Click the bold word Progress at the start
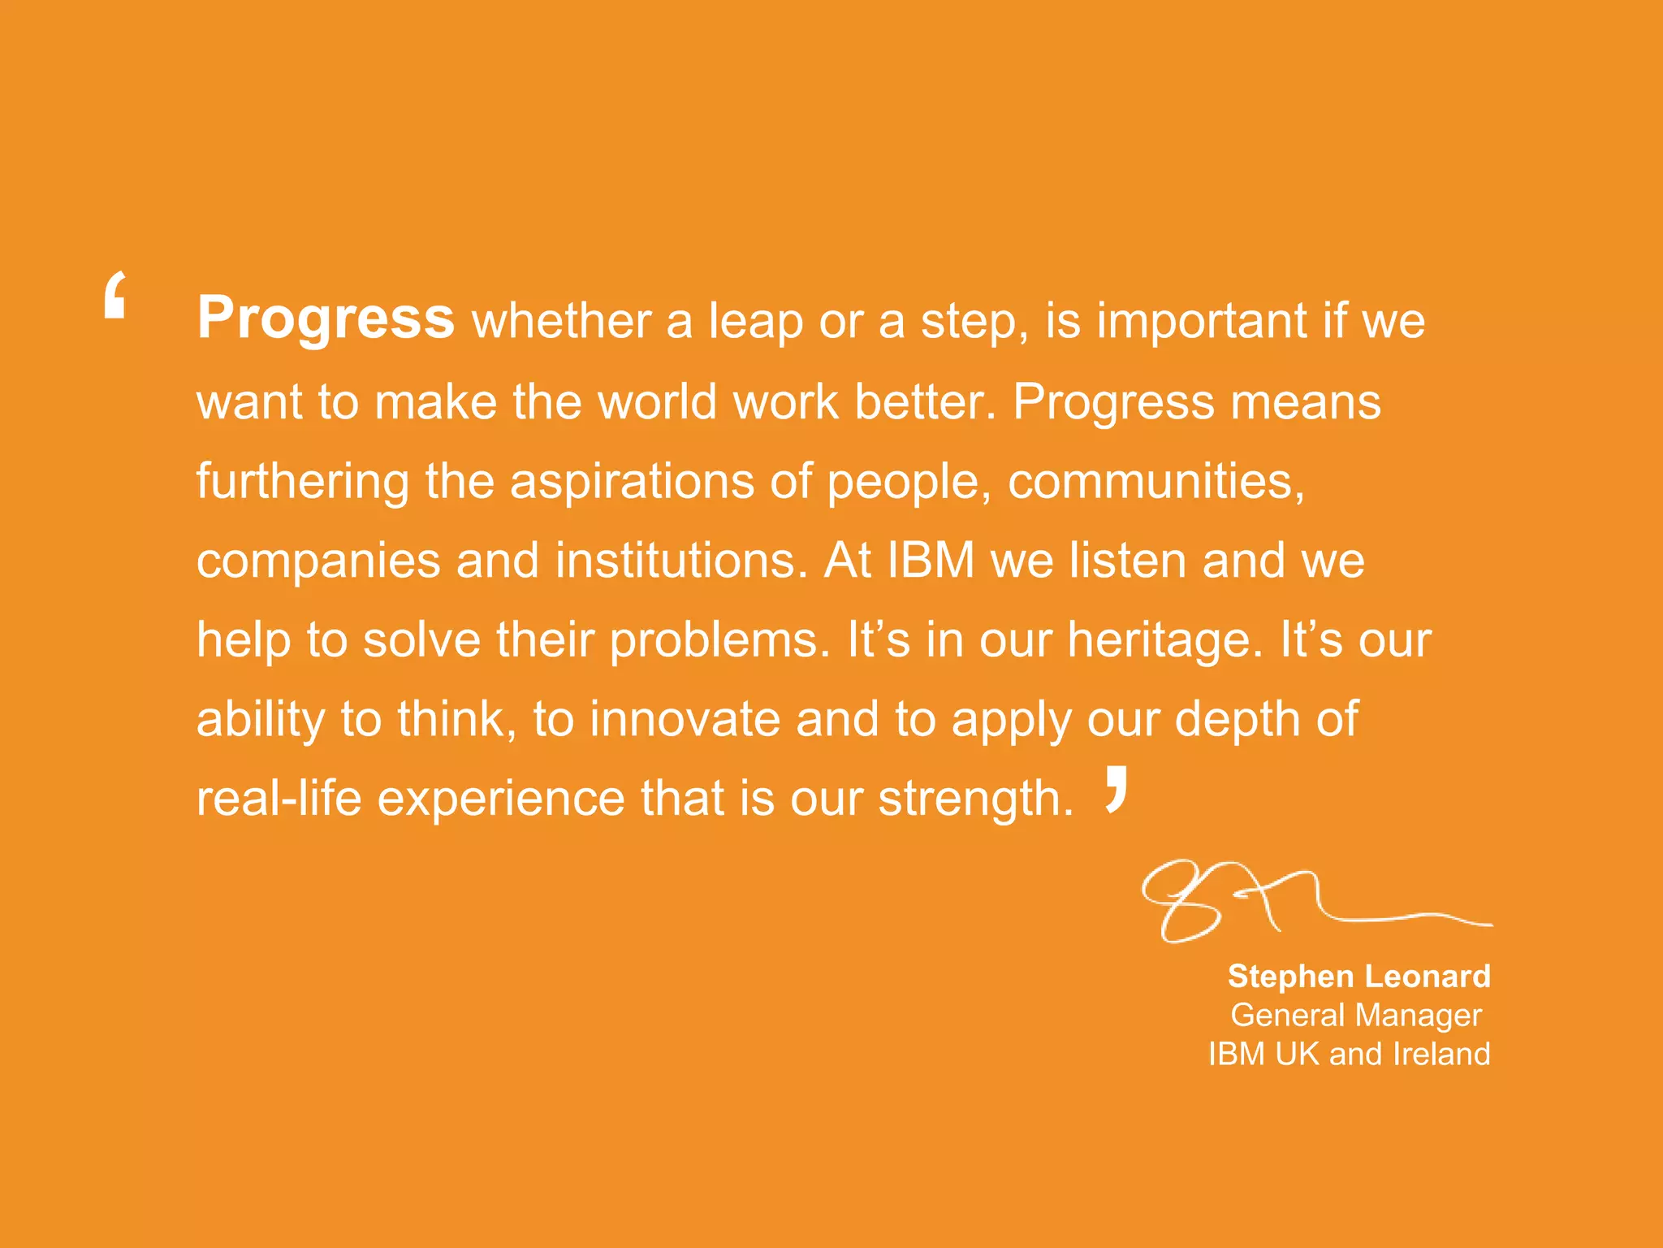325,318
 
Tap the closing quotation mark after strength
1117,789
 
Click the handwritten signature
1299,902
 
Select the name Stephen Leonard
1358,976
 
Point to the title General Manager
1356,1015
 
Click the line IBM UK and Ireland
1349,1054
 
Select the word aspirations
632,481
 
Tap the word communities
1155,481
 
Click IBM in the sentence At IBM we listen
931,561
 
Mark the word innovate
685,719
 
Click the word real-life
279,798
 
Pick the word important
1203,321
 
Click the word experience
501,799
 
